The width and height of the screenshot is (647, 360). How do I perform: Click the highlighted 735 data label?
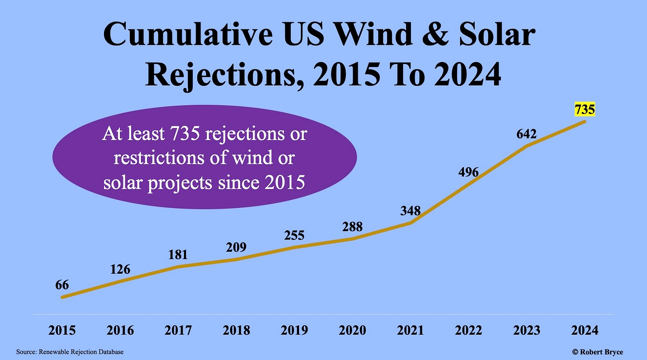coord(584,109)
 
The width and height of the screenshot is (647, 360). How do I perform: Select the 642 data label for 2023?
coord(527,134)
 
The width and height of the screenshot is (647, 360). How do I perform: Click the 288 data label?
coord(352,227)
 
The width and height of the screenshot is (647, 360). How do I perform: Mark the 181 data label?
coord(178,255)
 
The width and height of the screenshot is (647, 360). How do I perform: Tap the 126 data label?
coord(120,269)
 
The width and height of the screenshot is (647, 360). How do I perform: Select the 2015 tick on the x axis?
coord(62,331)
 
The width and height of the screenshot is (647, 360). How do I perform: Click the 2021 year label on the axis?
coord(410,331)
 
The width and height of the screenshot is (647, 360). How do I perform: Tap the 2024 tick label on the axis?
coord(584,331)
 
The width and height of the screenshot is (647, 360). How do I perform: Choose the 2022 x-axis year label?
coord(468,331)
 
